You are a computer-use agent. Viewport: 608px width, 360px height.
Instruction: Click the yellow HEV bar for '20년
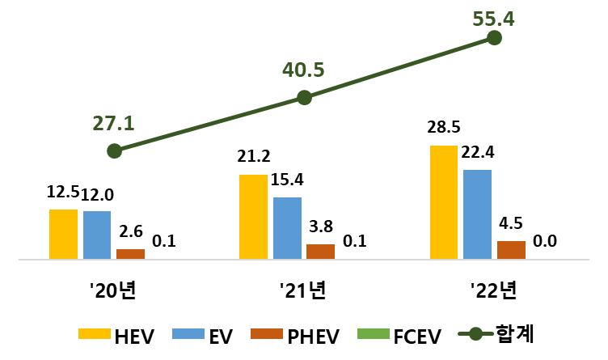coord(63,234)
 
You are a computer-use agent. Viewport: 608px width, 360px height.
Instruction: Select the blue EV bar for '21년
coord(287,228)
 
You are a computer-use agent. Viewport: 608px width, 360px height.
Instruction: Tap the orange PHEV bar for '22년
coord(511,250)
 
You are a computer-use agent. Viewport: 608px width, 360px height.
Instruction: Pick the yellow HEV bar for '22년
coord(444,202)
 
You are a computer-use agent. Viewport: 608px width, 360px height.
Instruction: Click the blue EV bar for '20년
coord(97,235)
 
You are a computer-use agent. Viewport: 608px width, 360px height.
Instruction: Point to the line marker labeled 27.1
coord(114,151)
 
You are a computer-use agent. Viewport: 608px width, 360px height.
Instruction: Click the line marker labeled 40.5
coord(304,97)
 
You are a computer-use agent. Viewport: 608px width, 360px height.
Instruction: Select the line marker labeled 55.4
coord(496,38)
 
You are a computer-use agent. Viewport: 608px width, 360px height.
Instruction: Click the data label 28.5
coord(444,129)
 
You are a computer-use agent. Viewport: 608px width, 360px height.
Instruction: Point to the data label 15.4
coord(287,180)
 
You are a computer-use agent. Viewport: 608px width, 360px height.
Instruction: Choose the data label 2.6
coord(130,232)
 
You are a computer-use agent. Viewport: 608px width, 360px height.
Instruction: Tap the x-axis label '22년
coord(495,290)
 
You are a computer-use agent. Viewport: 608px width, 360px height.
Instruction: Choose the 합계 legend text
coord(514,332)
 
